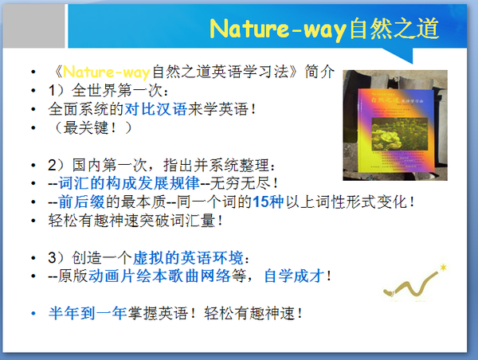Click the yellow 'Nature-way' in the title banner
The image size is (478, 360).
(278, 29)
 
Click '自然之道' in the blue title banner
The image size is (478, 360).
(394, 29)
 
